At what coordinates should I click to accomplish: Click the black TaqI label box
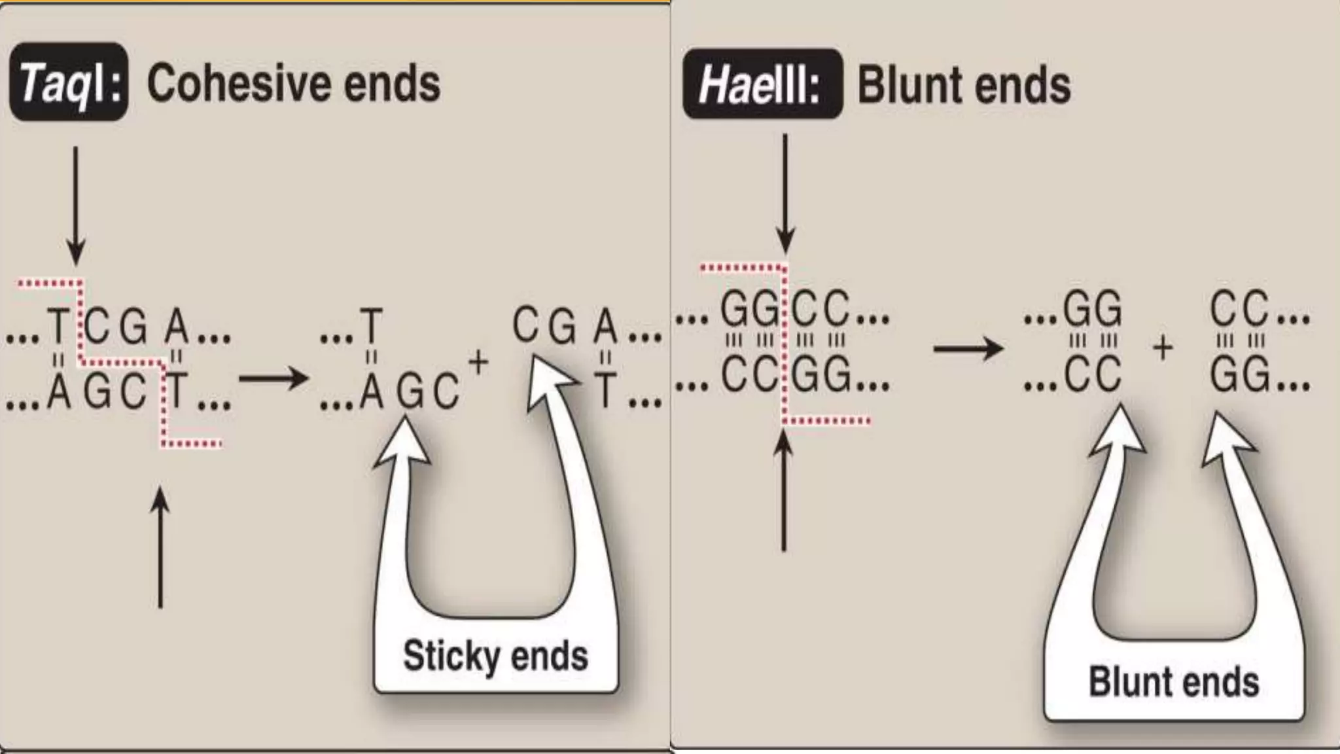tap(68, 82)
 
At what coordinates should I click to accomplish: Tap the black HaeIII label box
tap(762, 84)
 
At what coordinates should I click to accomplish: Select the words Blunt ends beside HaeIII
tap(964, 85)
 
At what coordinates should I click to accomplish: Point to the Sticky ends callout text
tap(495, 656)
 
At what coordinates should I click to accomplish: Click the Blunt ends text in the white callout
tap(1174, 682)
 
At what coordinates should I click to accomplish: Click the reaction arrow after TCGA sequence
tap(273, 378)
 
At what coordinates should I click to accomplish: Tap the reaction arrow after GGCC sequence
tap(968, 348)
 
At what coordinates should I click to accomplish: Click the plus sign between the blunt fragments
tap(1163, 348)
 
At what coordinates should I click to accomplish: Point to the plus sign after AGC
tap(478, 362)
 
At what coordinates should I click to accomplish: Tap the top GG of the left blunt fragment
tap(1092, 310)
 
